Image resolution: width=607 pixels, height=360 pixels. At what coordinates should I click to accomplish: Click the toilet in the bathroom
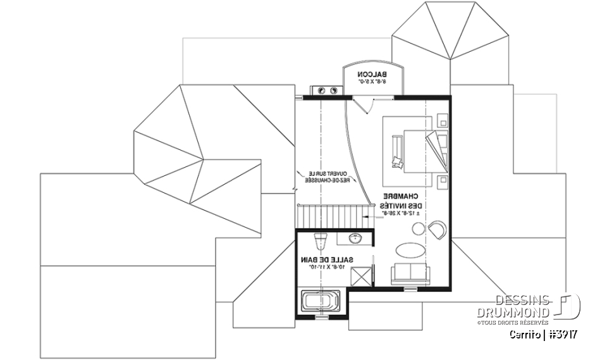tap(320, 239)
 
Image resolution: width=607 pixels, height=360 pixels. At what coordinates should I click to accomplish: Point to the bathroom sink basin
tap(355, 239)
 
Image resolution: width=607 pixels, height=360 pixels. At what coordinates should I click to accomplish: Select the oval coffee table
tap(412, 249)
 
